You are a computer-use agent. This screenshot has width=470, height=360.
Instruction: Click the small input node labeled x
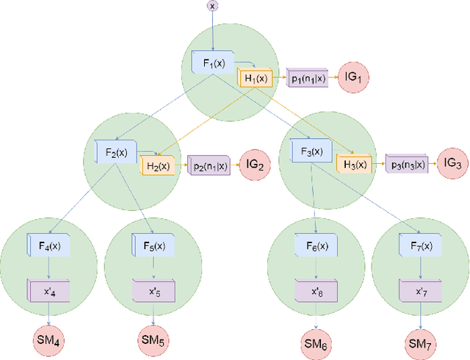click(213, 6)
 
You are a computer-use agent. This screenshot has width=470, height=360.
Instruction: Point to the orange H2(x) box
click(158, 166)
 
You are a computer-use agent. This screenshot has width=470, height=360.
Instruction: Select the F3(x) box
click(313, 151)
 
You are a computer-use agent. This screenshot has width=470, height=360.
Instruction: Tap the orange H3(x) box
click(355, 165)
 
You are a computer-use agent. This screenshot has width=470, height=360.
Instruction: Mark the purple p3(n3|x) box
click(407, 165)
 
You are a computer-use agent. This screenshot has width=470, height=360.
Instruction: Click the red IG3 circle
click(453, 164)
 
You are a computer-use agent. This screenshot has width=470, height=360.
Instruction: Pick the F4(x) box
click(48, 244)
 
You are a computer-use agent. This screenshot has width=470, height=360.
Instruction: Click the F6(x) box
click(316, 244)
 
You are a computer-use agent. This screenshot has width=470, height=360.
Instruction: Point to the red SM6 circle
click(316, 342)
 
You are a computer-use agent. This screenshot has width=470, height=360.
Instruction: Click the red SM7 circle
click(420, 342)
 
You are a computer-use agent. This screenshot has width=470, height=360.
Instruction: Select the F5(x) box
click(153, 244)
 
